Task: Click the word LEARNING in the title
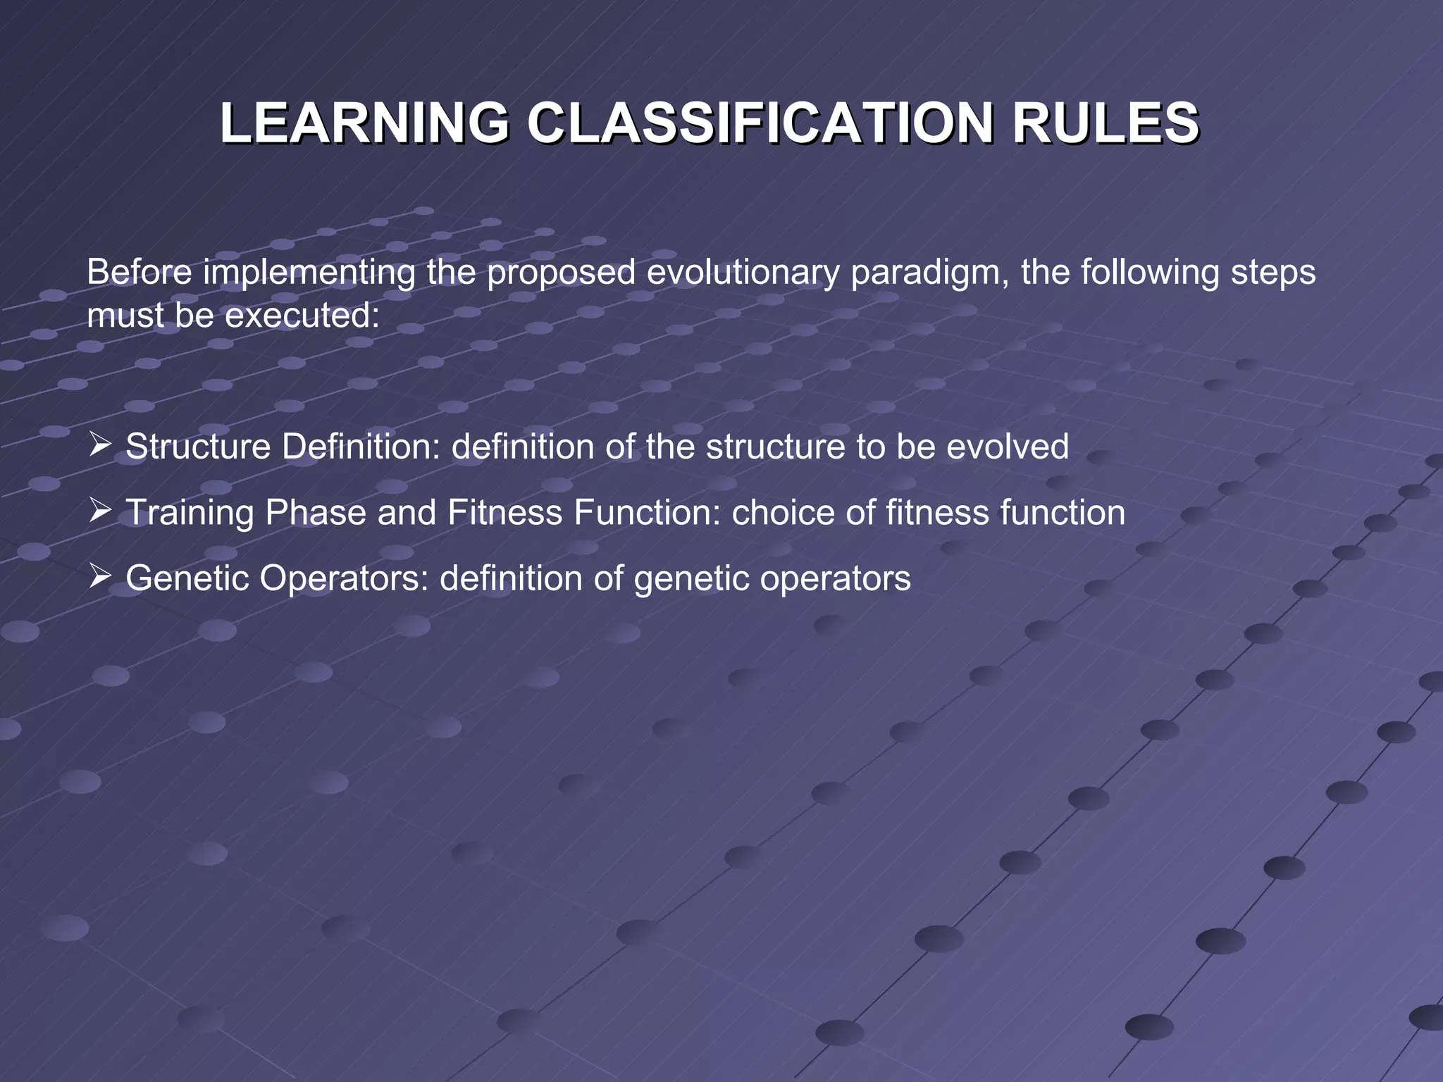[364, 123]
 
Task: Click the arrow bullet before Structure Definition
[100, 446]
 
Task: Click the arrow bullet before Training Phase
[100, 511]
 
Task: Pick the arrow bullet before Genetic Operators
[100, 577]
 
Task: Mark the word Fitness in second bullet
[504, 512]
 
